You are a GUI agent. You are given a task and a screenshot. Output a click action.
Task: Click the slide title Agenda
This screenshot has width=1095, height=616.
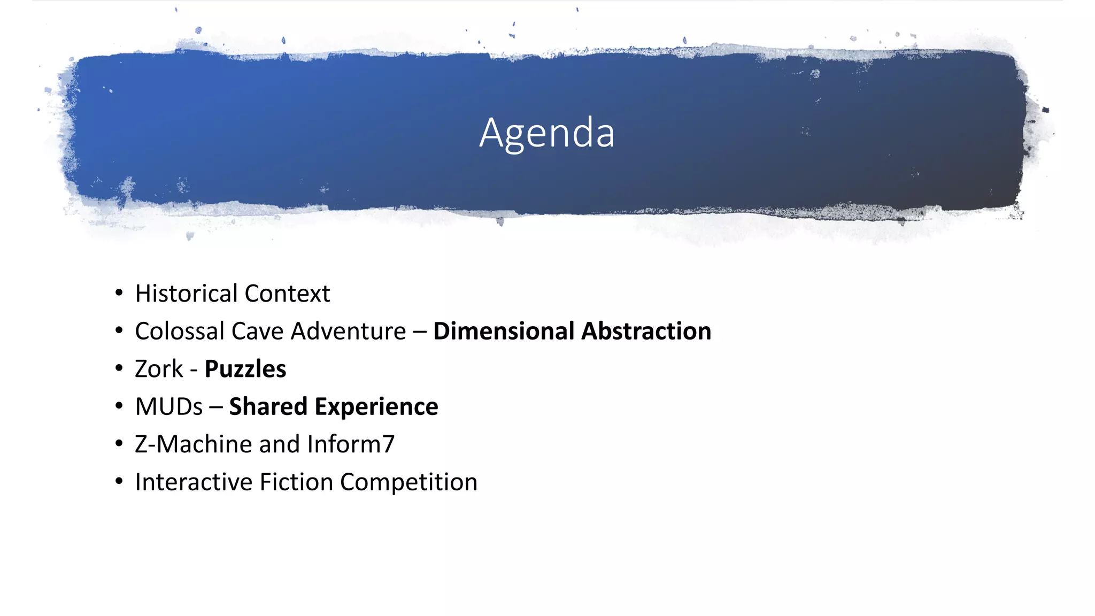(x=546, y=133)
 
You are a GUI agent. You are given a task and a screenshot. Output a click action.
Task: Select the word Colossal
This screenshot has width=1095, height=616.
(x=180, y=331)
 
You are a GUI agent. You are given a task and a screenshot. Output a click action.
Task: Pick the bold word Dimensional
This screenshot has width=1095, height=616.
(x=504, y=331)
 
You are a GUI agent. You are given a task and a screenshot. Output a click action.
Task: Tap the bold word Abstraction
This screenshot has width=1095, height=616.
(x=646, y=331)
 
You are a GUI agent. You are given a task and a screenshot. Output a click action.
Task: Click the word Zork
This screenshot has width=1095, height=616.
(x=159, y=369)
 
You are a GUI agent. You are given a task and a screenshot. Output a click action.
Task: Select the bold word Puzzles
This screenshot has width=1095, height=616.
(x=245, y=369)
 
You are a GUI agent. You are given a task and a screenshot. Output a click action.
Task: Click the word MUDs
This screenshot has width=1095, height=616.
(x=169, y=406)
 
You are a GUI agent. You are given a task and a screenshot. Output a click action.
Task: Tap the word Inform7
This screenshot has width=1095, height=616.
(x=351, y=444)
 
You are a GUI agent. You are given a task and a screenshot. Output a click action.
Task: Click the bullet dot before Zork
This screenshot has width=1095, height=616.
(x=119, y=368)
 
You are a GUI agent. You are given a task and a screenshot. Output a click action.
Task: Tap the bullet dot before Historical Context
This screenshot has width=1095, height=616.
(x=119, y=293)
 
